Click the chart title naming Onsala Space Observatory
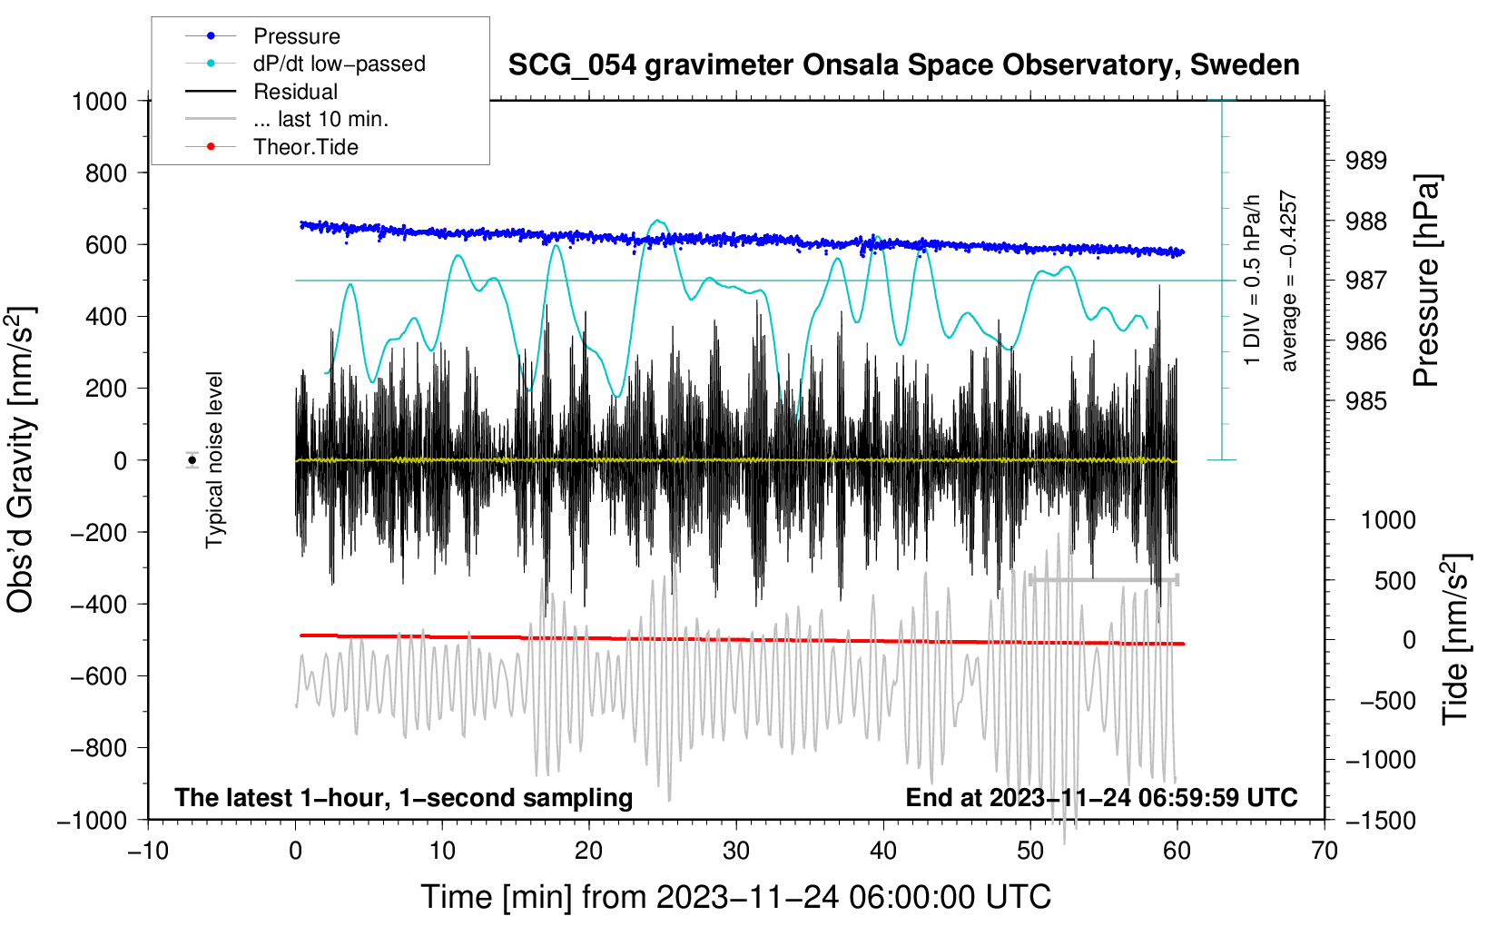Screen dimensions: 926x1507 coord(903,65)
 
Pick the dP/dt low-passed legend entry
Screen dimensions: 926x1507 coord(339,64)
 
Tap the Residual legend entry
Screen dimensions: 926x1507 coord(295,92)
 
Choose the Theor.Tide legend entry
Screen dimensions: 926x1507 coord(305,147)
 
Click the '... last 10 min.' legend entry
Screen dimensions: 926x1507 coord(320,119)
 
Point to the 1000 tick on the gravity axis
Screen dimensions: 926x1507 coord(99,101)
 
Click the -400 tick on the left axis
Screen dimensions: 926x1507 coord(99,604)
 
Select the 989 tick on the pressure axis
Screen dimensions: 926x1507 coord(1366,161)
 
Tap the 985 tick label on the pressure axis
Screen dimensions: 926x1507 coord(1366,401)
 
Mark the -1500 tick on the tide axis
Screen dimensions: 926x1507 coord(1380,820)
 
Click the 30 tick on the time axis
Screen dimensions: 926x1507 coord(736,851)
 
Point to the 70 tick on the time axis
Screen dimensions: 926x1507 coord(1325,851)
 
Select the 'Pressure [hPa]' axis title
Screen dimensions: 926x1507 coord(1426,281)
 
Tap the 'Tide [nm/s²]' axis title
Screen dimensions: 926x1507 coord(1455,639)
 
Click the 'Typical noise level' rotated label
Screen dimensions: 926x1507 coord(214,459)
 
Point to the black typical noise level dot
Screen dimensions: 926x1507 coord(192,460)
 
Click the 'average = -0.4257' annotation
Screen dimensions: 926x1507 coord(1289,281)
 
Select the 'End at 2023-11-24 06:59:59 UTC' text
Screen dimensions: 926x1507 coord(1101,797)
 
